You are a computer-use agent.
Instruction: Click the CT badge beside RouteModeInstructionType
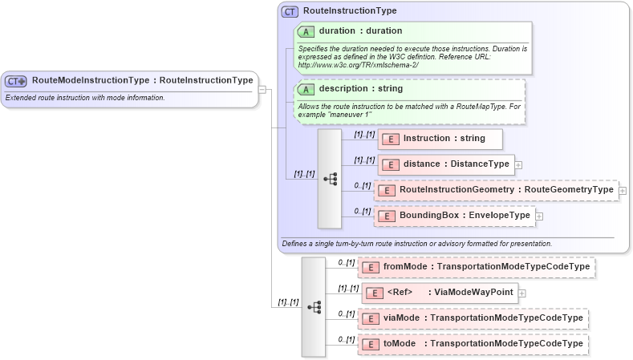pyautogui.click(x=16, y=80)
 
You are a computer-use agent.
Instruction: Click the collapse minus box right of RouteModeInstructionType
pyautogui.click(x=262, y=89)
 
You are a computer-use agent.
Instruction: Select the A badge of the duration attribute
pyautogui.click(x=306, y=31)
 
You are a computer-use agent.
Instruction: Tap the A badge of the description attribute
pyautogui.click(x=306, y=89)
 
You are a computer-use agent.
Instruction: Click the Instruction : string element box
pyautogui.click(x=440, y=139)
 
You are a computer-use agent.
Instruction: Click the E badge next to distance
pyautogui.click(x=390, y=164)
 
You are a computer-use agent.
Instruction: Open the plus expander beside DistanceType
pyautogui.click(x=518, y=165)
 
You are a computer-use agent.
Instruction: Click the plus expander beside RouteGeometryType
pyautogui.click(x=623, y=191)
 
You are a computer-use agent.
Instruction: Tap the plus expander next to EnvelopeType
pyautogui.click(x=539, y=216)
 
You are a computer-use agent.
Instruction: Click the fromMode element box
pyautogui.click(x=477, y=266)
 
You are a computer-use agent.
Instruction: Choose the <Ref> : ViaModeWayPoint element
pyautogui.click(x=440, y=292)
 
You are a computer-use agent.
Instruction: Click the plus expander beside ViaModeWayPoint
pyautogui.click(x=522, y=293)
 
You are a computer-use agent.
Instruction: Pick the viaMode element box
pyautogui.click(x=473, y=318)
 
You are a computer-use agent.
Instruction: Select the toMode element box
pyautogui.click(x=473, y=344)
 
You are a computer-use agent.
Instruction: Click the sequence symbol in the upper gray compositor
pyautogui.click(x=330, y=179)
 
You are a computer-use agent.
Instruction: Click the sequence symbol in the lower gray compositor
pyautogui.click(x=314, y=306)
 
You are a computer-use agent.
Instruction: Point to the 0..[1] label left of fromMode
pyautogui.click(x=346, y=262)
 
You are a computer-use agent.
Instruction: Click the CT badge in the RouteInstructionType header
pyautogui.click(x=290, y=11)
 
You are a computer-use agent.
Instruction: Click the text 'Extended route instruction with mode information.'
pyautogui.click(x=85, y=98)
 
